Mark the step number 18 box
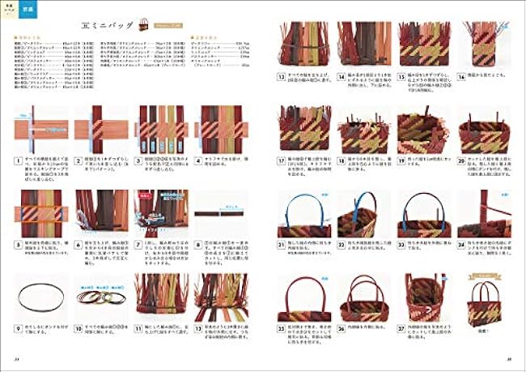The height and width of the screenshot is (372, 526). (x=341, y=159)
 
